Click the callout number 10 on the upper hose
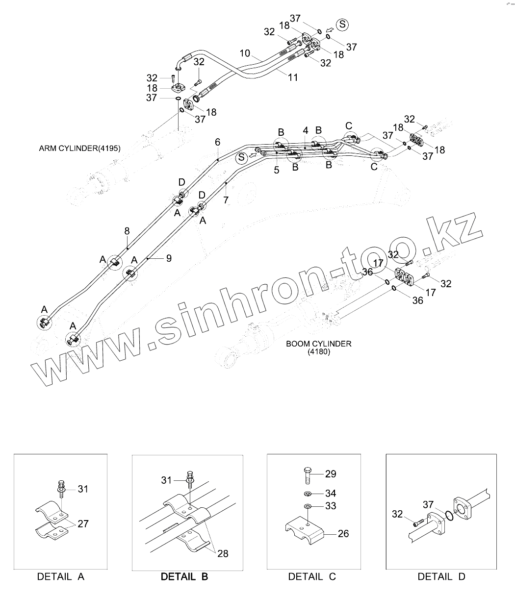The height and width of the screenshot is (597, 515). coord(245,53)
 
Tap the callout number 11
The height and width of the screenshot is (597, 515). coord(293,77)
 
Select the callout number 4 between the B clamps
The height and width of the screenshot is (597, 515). coord(305,131)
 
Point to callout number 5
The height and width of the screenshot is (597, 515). coord(277,170)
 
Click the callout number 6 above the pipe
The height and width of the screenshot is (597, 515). coord(217,142)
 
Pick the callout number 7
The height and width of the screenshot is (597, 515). coord(226,199)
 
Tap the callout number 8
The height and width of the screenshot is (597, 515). coord(127,230)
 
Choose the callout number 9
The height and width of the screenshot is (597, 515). coord(169,258)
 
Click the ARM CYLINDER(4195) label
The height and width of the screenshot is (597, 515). coord(79,148)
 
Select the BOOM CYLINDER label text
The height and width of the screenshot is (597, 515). coord(319,344)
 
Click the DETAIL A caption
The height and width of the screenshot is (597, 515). coord(61,576)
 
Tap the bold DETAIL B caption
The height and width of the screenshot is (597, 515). coord(184,576)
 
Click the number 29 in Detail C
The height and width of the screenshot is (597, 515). coord(331,474)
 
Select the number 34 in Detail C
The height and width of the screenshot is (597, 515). coord(331,493)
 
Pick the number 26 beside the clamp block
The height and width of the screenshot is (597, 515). coord(343,533)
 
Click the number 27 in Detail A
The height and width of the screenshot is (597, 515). coord(83,524)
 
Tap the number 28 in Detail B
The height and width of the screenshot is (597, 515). coord(223,553)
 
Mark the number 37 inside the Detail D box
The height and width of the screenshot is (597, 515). coord(428,504)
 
